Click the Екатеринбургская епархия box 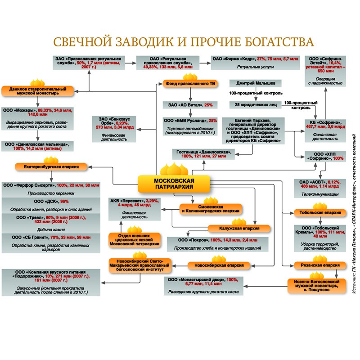(51, 167)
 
